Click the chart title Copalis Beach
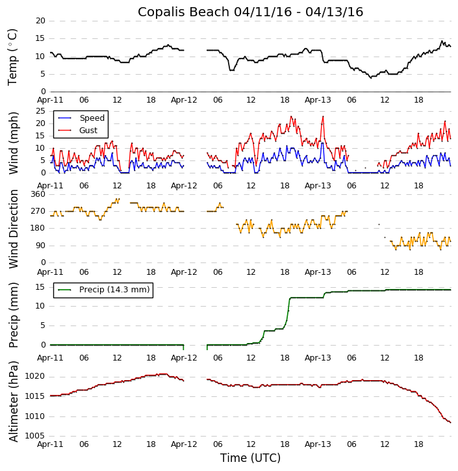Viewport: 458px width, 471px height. (250, 12)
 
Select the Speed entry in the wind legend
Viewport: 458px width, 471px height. (92, 118)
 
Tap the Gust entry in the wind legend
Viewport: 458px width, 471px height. (88, 131)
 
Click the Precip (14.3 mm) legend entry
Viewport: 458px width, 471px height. (114, 290)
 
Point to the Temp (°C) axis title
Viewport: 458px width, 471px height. (13, 57)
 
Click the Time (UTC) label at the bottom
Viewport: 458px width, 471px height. (250, 458)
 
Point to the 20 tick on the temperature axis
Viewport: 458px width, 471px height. (40, 21)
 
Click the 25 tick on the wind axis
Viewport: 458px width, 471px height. (40, 111)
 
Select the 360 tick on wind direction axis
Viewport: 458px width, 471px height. (38, 194)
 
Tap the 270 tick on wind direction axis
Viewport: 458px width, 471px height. (38, 211)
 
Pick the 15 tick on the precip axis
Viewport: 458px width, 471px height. (40, 287)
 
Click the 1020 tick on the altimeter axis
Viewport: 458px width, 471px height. (35, 377)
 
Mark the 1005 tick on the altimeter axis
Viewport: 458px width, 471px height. (35, 436)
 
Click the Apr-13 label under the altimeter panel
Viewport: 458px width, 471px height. (318, 445)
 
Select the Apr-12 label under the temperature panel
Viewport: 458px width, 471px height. (184, 100)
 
